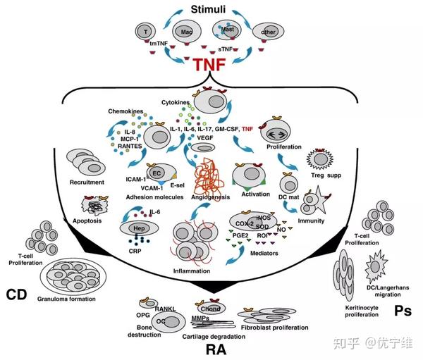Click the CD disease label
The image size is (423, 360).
click(x=16, y=292)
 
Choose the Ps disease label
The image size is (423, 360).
click(x=402, y=311)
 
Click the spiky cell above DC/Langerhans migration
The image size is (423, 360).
click(x=380, y=268)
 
